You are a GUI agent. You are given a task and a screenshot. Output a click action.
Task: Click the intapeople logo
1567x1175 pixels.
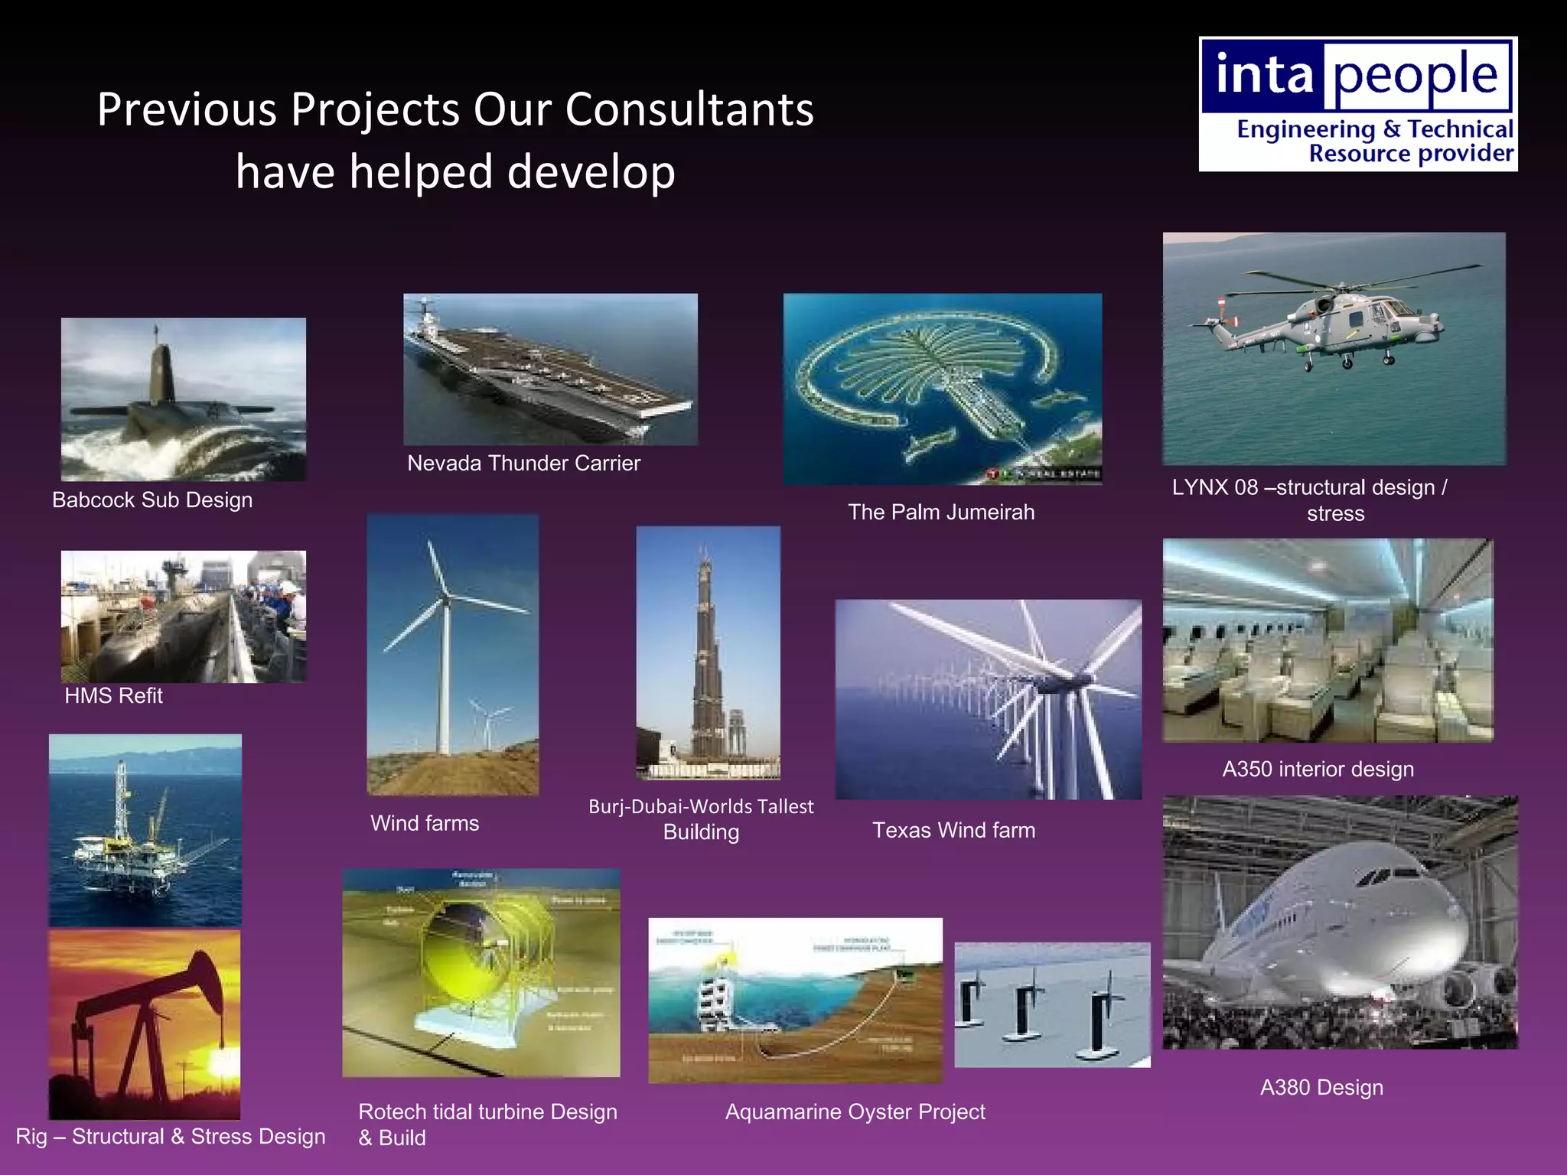[1357, 104]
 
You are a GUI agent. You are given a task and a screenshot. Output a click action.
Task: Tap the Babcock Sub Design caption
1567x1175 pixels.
[152, 500]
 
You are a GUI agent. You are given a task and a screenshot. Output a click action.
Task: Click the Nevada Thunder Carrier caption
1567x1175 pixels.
[523, 464]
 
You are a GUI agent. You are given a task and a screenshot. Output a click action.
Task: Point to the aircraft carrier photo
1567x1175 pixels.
[550, 369]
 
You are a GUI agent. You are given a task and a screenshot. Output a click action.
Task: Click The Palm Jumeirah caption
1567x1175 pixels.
[940, 513]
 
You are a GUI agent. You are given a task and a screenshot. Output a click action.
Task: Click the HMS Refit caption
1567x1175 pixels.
[113, 696]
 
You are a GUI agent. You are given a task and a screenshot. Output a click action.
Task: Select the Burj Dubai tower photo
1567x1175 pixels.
[708, 653]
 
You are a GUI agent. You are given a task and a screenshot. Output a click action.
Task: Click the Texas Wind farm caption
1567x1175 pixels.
[953, 831]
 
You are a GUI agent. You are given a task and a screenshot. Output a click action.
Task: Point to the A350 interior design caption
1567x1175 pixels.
[1318, 770]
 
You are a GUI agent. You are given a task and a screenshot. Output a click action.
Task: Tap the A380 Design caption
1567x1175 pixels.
[1321, 1088]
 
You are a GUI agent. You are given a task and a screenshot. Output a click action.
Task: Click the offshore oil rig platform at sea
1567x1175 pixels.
[138, 841]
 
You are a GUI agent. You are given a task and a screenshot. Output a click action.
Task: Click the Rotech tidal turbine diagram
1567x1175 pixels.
[481, 973]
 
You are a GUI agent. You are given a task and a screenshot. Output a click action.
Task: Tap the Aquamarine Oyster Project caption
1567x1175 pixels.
[855, 1112]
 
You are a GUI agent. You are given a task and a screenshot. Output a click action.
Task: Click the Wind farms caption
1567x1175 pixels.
[425, 824]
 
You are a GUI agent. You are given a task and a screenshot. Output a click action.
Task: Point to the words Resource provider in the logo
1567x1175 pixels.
[1411, 154]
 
